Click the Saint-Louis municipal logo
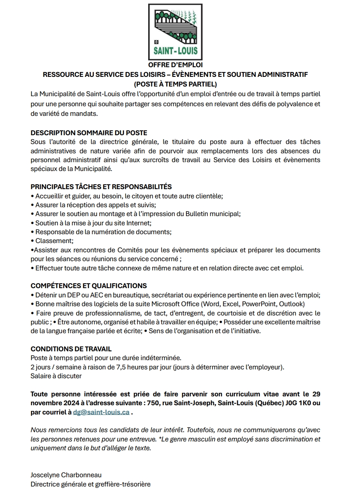pyautogui.click(x=175, y=32)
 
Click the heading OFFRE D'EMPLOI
pyautogui.click(x=175, y=65)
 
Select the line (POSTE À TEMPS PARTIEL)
pyautogui.click(x=175, y=85)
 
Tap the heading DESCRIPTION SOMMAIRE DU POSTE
pyautogui.click(x=89, y=133)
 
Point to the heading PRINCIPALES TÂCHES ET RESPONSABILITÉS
pyautogui.click(x=101, y=187)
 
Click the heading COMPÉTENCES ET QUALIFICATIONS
pyautogui.click(x=89, y=286)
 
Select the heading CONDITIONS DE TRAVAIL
pyautogui.click(x=71, y=349)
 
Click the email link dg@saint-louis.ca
pyautogui.click(x=101, y=412)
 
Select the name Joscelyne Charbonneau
pyautogui.click(x=66, y=475)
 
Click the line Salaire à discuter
pyautogui.click(x=56, y=376)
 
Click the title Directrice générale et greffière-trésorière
pyautogui.click(x=91, y=485)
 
